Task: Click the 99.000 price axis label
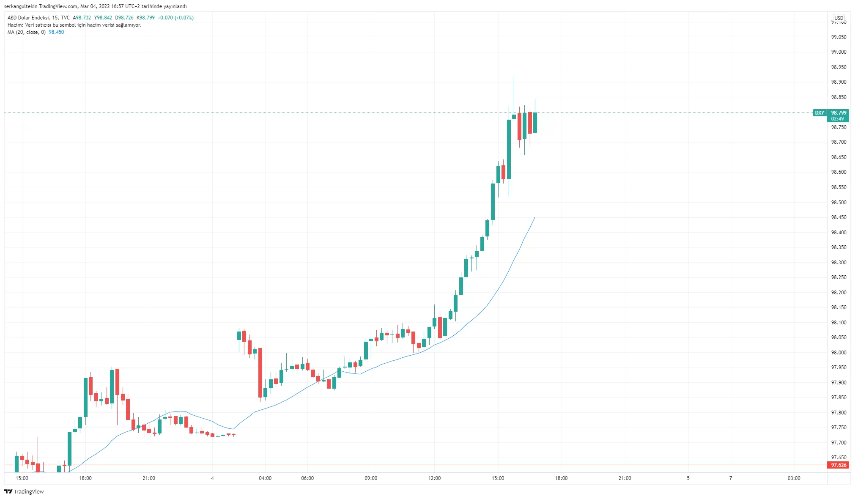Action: (839, 52)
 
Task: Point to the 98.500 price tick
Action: (839, 202)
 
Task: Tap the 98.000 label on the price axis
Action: (839, 352)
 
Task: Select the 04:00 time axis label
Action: (265, 478)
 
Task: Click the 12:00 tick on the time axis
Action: (434, 478)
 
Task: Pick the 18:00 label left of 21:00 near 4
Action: (85, 478)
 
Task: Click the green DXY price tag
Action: (819, 113)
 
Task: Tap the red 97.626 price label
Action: (839, 465)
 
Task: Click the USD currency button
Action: (839, 18)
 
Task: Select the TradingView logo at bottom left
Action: (24, 491)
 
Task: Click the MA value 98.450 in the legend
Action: (56, 32)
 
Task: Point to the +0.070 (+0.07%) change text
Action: (175, 18)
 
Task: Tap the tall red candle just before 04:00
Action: (260, 372)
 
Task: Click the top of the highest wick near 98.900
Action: (514, 77)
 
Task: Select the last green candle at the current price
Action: (535, 123)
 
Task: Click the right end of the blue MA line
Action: (535, 217)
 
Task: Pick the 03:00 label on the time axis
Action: (794, 478)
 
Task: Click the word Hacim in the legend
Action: (15, 25)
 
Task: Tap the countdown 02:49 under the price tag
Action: (837, 119)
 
